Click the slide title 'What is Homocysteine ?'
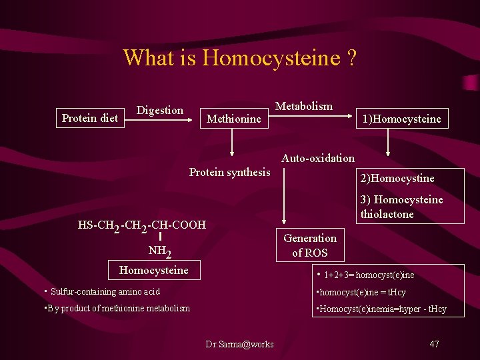tap(240, 58)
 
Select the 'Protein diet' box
tap(90, 119)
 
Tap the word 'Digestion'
tap(160, 111)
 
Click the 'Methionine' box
tap(234, 119)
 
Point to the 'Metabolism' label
tap(304, 107)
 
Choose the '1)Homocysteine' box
tap(401, 119)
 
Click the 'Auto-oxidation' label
tap(318, 158)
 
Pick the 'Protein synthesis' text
tap(230, 173)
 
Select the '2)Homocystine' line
tap(397, 178)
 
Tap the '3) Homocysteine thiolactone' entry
tap(401, 207)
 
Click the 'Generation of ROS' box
tap(310, 245)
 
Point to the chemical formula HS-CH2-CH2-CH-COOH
tap(142, 225)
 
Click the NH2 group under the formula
tap(160, 251)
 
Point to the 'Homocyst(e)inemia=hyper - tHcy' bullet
tap(381, 309)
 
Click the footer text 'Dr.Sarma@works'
tap(239, 344)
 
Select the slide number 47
tap(434, 344)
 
